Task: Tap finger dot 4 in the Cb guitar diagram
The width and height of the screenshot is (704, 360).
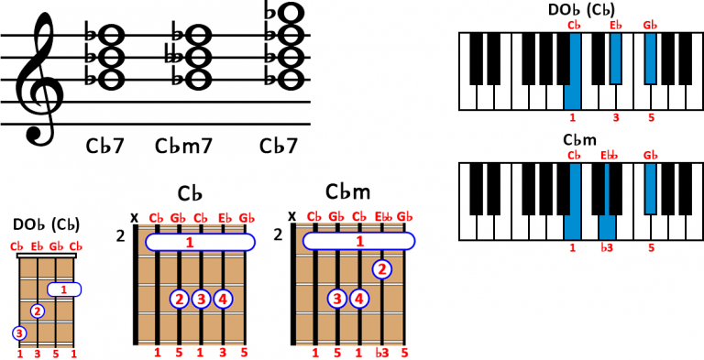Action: (x=223, y=298)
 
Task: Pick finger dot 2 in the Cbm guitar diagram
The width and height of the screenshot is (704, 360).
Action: (x=382, y=269)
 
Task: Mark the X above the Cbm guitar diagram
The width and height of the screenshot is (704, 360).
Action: (x=292, y=217)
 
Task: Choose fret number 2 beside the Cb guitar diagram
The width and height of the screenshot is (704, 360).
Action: (x=121, y=236)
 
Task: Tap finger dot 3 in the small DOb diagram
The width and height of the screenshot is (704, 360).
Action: (x=18, y=332)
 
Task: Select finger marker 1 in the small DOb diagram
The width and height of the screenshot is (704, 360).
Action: (x=63, y=289)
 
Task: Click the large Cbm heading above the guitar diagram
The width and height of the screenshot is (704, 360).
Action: (x=347, y=191)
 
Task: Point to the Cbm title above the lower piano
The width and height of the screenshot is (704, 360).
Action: (x=581, y=140)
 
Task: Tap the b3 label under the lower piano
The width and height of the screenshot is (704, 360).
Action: (x=606, y=247)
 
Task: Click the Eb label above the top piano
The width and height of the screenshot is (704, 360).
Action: (x=615, y=25)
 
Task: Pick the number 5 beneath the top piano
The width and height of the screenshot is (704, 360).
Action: (x=650, y=117)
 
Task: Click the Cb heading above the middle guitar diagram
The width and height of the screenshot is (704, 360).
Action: (x=190, y=193)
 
